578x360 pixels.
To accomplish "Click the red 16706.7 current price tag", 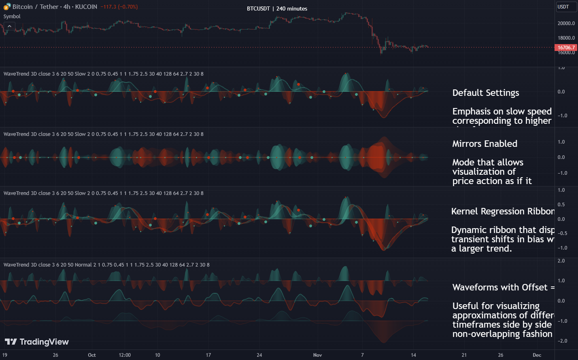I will [566, 48].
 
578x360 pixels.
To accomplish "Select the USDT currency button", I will [563, 7].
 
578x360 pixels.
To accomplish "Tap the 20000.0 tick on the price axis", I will [566, 23].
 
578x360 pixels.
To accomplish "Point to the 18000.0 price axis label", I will [566, 38].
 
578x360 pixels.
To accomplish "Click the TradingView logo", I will [37, 342].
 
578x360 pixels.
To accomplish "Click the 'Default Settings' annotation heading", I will [485, 93].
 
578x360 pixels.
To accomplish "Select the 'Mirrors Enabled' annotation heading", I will [484, 144].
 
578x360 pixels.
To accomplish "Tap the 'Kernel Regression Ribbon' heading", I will [502, 212].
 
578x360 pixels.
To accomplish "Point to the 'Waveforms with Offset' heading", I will [500, 288].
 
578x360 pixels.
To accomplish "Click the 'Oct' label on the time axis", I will [92, 355].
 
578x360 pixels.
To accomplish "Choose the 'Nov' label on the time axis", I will [317, 355].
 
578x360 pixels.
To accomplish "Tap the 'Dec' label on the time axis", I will [537, 355].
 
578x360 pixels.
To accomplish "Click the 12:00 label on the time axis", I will [125, 355].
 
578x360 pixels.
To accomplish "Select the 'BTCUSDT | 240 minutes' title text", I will [277, 8].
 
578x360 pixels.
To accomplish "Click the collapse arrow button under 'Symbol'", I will [9, 26].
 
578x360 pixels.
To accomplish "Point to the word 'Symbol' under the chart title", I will [12, 17].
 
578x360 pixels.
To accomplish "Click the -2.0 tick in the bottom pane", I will [561, 341].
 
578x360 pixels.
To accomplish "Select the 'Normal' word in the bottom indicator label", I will [83, 265].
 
